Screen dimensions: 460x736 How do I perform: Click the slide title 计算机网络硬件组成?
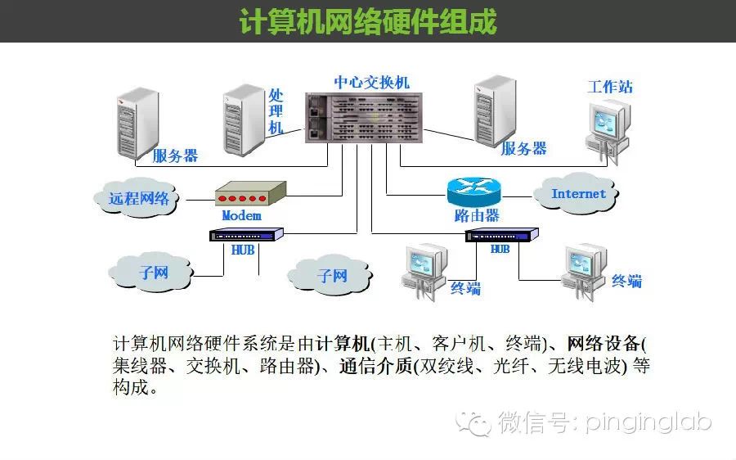(x=367, y=22)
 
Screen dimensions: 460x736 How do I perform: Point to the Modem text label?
(x=241, y=215)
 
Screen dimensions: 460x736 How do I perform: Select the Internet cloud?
(x=577, y=194)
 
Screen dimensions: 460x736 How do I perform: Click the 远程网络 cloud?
(x=139, y=197)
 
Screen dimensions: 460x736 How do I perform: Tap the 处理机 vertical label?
(x=276, y=111)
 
